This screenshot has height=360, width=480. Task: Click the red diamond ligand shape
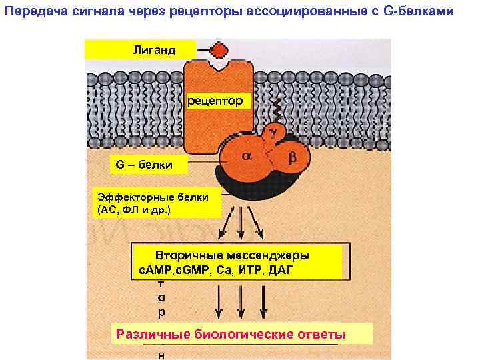click(x=218, y=51)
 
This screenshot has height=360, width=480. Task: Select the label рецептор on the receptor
click(x=216, y=101)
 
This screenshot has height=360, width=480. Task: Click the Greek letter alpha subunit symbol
click(x=245, y=155)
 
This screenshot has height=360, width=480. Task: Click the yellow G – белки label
click(x=141, y=164)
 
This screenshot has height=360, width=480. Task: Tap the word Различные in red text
click(x=153, y=334)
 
